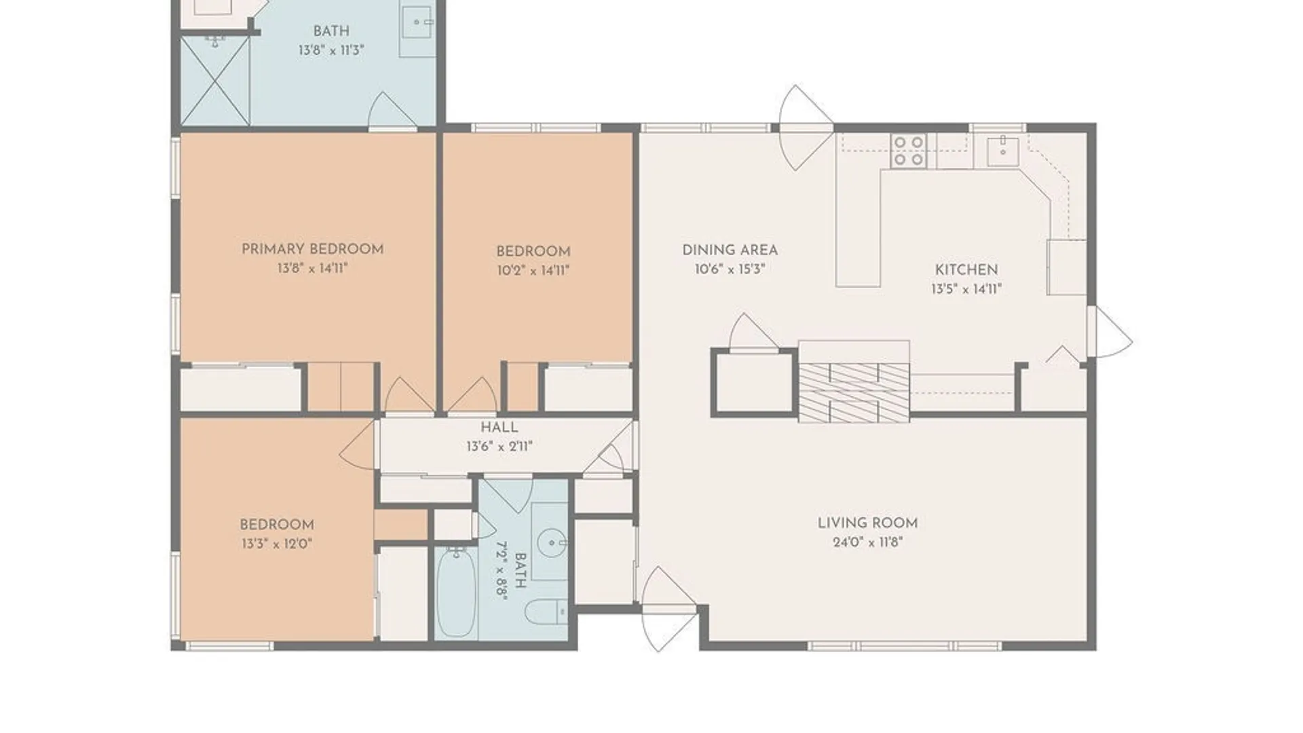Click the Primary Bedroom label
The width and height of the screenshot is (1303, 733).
[x=313, y=249]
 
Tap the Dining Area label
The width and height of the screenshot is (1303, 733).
[x=730, y=250]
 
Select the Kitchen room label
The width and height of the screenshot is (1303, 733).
[x=966, y=269]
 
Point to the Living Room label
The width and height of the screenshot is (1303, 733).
[x=867, y=523]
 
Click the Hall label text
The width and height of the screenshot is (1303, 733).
[x=499, y=428]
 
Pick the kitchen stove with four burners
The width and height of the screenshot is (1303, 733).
[x=908, y=151]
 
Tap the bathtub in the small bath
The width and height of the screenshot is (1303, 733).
[x=456, y=591]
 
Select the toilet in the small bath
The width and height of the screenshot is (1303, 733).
[x=546, y=612]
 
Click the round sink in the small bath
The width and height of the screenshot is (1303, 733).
[x=551, y=542]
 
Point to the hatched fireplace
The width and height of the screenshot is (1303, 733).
[x=854, y=393]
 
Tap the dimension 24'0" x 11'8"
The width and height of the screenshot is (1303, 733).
[x=867, y=542]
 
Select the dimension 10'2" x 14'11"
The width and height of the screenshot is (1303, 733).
[x=533, y=271]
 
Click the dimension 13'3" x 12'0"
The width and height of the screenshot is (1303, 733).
[x=276, y=544]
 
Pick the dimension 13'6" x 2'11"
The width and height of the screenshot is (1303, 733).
[x=499, y=447]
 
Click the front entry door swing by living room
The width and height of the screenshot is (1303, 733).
[x=668, y=609]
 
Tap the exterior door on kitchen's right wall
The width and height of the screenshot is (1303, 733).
[x=1110, y=332]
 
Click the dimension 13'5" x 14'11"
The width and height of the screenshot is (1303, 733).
[x=966, y=289]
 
